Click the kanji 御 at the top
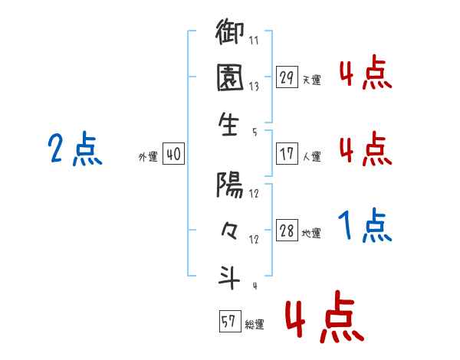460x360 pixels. [231, 34]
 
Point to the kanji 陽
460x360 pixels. [231, 185]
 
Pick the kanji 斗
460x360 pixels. [231, 277]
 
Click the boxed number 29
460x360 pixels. [287, 77]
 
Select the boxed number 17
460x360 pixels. [287, 154]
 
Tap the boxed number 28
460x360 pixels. [287, 231]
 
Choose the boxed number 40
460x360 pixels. [173, 155]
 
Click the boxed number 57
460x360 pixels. [228, 322]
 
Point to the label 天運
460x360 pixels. [311, 80]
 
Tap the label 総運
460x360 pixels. [255, 325]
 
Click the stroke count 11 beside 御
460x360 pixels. [253, 39]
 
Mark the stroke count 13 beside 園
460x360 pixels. [253, 86]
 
